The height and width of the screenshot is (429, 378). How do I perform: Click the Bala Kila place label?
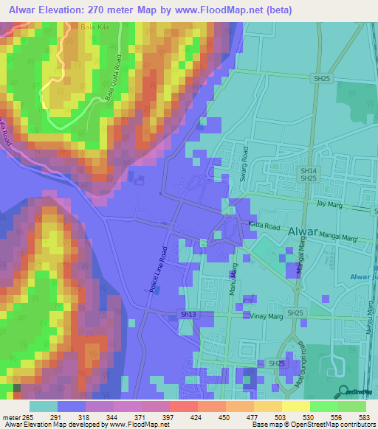tap(91, 27)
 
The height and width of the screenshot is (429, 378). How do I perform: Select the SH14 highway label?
tap(308, 170)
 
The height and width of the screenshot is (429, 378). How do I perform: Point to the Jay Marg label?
tap(330, 201)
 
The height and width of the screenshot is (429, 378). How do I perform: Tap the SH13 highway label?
tap(188, 315)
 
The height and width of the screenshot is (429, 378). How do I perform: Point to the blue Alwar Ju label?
tap(361, 276)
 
